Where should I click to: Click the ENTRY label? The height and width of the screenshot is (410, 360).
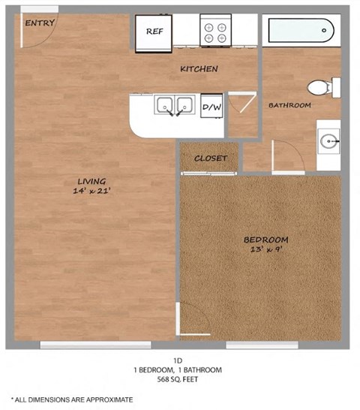click(40, 23)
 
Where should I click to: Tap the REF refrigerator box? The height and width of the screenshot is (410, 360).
click(154, 32)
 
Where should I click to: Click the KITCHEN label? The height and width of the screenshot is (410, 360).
click(199, 69)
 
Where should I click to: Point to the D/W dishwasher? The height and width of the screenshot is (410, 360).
click(212, 108)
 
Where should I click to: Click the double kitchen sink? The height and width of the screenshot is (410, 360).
click(173, 107)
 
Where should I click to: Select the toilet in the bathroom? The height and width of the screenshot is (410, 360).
click(324, 87)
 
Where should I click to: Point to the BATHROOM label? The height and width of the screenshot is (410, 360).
click(289, 105)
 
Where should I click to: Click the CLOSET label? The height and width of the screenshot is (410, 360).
click(210, 158)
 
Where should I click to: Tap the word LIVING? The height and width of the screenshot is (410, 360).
click(91, 181)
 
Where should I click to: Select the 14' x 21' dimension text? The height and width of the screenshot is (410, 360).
click(91, 191)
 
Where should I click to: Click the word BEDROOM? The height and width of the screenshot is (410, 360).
click(265, 240)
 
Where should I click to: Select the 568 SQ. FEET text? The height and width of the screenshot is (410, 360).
click(177, 379)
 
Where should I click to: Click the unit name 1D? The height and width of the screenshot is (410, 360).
click(177, 360)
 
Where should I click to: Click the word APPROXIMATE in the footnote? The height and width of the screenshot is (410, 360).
click(107, 399)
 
